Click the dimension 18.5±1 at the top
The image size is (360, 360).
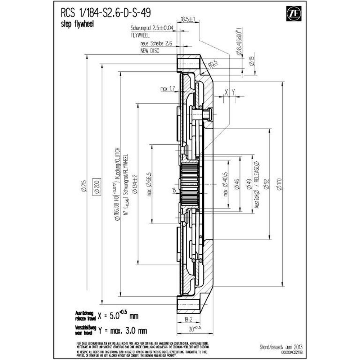pos(188,19)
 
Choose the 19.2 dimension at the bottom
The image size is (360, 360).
pos(188,319)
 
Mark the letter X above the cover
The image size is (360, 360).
pos(226,92)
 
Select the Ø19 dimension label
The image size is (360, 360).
pos(252,62)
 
